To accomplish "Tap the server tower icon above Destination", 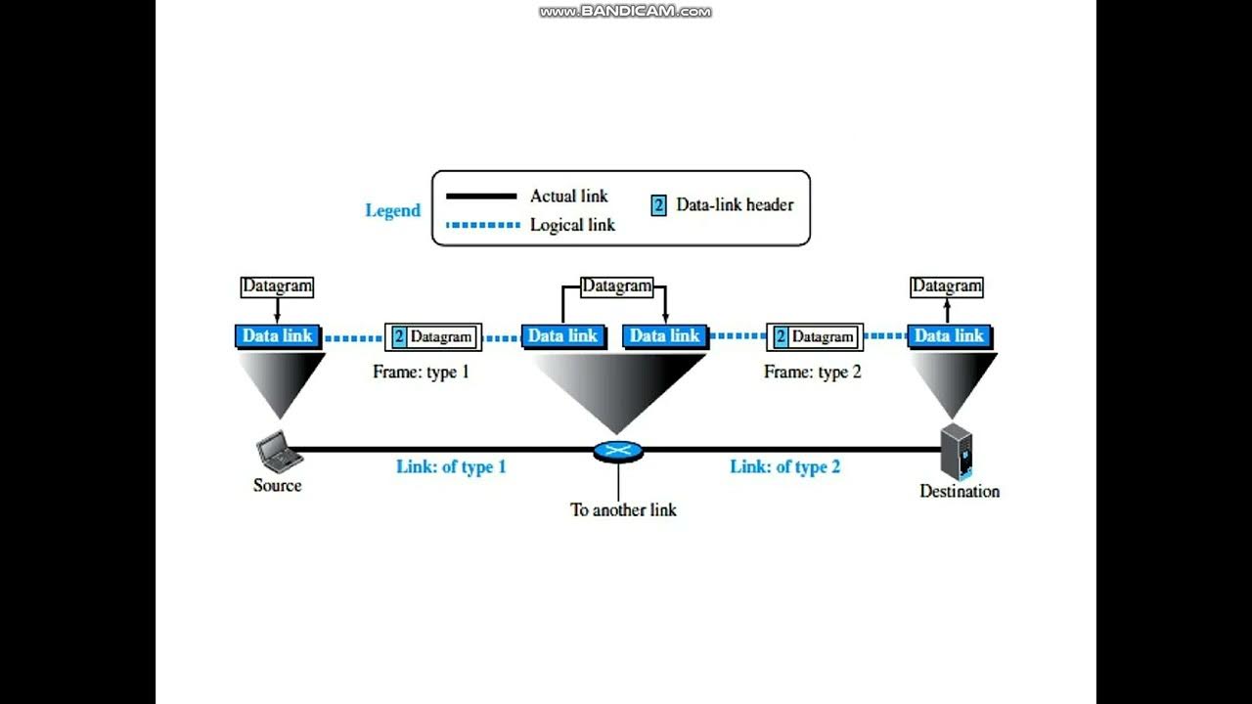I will point(956,452).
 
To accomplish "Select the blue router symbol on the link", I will point(618,452).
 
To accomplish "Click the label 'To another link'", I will point(623,509).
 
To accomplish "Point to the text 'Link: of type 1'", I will point(451,466).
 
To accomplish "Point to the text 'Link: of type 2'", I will point(784,466).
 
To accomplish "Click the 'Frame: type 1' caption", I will point(421,372).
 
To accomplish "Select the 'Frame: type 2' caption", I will point(812,372).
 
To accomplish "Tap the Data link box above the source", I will point(277,335).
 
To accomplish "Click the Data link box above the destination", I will point(949,335).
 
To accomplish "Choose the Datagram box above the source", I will point(277,286).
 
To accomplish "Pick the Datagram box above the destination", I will point(946,286).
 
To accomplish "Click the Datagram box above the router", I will point(616,286).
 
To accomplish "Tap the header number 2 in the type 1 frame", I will point(399,337).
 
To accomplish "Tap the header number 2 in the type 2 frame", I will point(781,337).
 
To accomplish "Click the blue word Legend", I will point(392,210).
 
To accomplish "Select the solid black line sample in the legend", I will point(481,196).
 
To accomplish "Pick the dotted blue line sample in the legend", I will point(481,225).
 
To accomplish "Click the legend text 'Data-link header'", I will point(735,205).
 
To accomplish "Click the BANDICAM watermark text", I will point(625,12).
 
